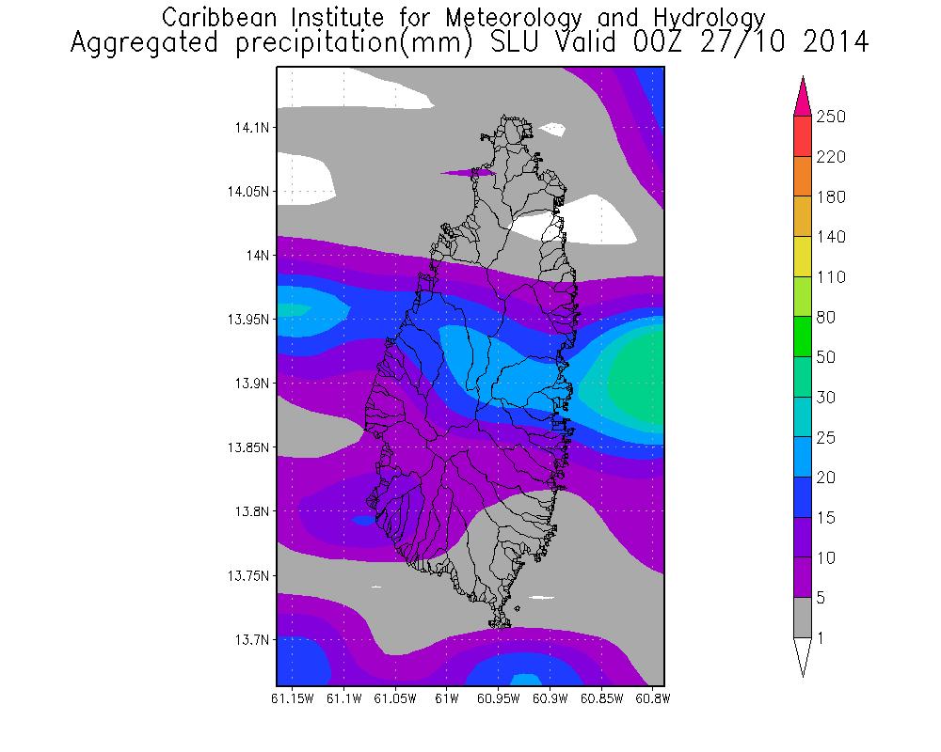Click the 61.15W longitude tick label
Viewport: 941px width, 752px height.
[x=292, y=698]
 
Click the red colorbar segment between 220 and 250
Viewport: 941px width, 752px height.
[x=803, y=136]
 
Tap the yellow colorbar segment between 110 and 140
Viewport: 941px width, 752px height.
[x=803, y=257]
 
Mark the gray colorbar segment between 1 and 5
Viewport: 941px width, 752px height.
[x=803, y=618]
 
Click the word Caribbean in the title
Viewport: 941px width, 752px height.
[x=215, y=18]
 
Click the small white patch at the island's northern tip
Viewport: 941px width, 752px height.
[x=556, y=130]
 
